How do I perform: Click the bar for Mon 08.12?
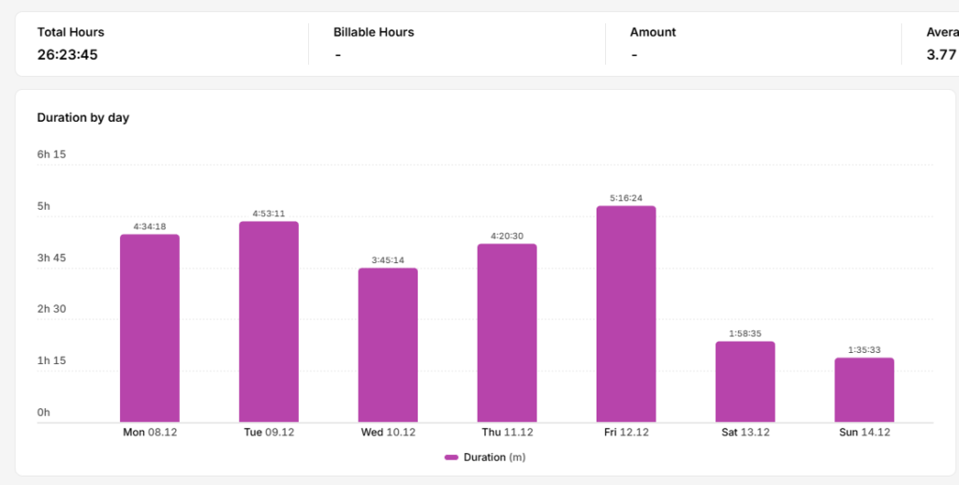150,328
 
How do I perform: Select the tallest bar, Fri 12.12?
627,314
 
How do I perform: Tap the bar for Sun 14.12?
864,389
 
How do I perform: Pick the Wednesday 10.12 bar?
388,345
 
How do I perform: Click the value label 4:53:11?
269,214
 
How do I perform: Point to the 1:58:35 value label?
745,334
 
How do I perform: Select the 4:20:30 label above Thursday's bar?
507,236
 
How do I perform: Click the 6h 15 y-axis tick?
52,154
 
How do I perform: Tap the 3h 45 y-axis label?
52,258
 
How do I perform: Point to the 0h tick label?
43,413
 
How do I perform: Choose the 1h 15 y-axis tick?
52,360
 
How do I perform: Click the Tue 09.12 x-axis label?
269,433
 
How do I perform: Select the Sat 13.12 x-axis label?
745,433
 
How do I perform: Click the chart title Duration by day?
83,117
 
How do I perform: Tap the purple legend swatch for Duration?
451,458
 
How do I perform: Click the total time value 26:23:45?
67,54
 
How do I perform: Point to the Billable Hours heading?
374,33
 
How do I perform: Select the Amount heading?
653,33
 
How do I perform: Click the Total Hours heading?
71,33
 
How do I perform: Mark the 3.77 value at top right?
941,54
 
